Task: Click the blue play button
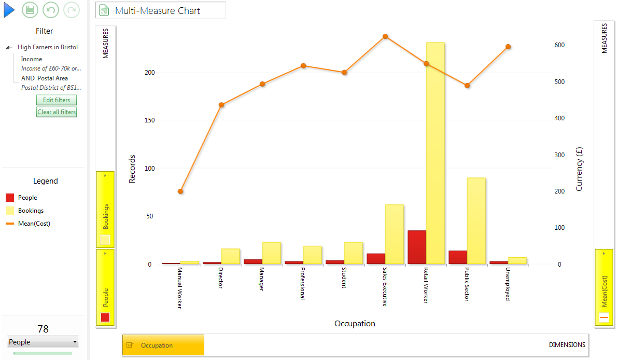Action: (x=9, y=10)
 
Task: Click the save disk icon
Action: (x=30, y=10)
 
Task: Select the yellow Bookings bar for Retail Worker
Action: (x=435, y=153)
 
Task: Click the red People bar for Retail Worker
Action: (x=417, y=247)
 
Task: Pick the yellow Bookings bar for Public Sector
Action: (x=476, y=221)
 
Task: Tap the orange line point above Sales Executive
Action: (x=385, y=36)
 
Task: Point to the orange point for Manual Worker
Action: (x=180, y=191)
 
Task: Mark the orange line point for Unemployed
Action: (x=509, y=47)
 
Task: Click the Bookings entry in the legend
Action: (x=31, y=211)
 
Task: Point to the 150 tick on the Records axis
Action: (x=150, y=120)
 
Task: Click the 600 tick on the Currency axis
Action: (x=559, y=45)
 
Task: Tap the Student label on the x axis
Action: (x=344, y=278)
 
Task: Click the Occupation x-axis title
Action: (x=355, y=324)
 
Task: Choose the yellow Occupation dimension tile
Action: (x=163, y=345)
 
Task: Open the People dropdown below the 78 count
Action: (x=43, y=342)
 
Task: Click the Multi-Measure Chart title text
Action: (x=158, y=11)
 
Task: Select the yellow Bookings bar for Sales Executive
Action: (x=394, y=234)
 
